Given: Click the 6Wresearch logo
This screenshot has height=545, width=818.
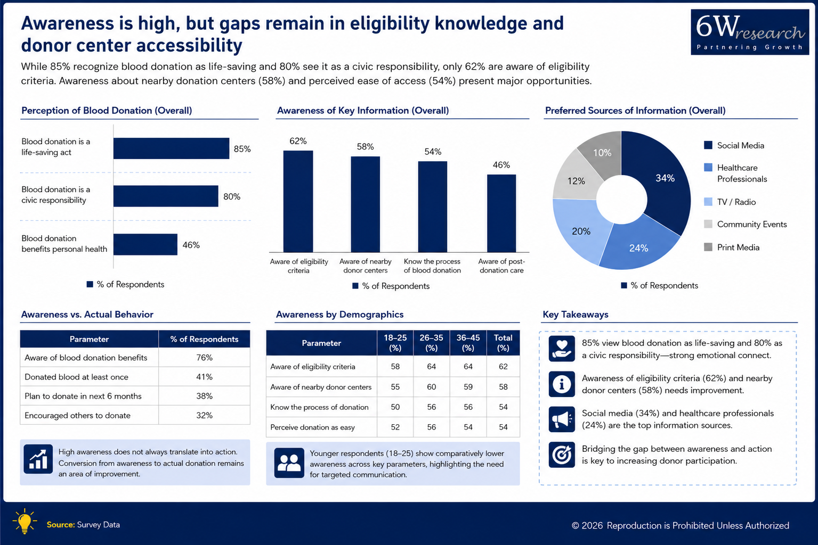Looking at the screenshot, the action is pos(750,32).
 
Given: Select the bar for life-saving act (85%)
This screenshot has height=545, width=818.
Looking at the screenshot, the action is pos(171,148).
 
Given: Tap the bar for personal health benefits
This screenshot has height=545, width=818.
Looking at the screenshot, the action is pos(145,244).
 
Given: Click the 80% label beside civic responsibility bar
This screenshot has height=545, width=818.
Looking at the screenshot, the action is pos(232,196).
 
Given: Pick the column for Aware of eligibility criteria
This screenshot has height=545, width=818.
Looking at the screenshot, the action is pos(298,201).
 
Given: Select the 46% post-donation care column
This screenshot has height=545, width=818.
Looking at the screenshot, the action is pos(501,213).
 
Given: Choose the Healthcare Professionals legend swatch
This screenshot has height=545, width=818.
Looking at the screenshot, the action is pos(708,168).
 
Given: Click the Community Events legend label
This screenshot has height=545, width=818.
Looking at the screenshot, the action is pos(752,225).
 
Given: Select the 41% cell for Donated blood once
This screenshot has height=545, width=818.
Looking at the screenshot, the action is pos(204,377).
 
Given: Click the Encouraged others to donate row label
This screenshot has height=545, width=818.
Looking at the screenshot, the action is pos(77,416).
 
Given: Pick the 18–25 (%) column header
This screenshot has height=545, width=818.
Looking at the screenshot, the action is pos(395,343).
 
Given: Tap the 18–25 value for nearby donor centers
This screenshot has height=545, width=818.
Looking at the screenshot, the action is pos(395,387).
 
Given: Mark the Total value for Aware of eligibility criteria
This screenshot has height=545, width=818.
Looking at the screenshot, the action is pos(503,367).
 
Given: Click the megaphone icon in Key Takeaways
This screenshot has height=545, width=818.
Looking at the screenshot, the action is pos(562,419).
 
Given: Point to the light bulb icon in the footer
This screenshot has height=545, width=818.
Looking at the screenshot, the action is pos(25,521).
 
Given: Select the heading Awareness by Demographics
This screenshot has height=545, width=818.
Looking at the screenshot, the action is pos(339,315).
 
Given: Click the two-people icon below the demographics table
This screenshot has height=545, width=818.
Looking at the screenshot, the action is pos(289,463).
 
